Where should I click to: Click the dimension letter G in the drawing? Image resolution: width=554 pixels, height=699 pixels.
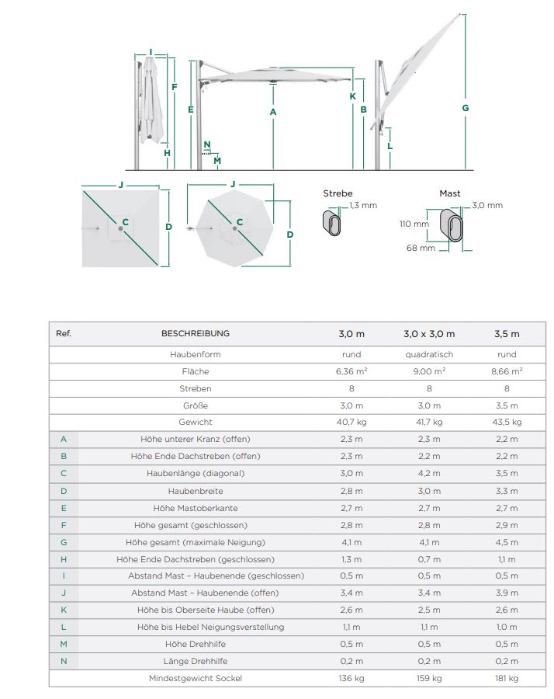466,108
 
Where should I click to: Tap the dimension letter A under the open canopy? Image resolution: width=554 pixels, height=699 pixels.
273,113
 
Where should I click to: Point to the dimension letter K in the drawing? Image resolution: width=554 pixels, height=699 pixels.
352,96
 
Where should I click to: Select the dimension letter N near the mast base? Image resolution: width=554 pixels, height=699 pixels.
207,144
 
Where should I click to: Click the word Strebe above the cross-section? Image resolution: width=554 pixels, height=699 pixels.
338,193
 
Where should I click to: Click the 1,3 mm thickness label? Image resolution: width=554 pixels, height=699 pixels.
363,206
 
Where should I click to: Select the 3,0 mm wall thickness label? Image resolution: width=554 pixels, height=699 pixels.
488,206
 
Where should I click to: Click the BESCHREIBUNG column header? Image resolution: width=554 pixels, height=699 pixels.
196,334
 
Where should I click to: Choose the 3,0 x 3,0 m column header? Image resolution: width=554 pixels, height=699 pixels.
429,334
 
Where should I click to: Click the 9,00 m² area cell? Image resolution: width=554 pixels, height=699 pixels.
429,371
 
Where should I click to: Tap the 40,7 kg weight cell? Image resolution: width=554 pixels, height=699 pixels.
351,423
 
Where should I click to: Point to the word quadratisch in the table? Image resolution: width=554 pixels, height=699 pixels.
429,354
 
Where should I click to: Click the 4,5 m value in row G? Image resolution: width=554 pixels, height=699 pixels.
507,542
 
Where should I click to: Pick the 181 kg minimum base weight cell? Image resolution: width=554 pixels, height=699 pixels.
507,678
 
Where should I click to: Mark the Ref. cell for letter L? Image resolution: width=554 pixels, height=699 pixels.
64,627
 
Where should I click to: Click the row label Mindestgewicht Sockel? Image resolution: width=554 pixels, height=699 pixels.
196,678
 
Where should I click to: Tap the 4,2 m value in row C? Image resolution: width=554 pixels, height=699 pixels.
429,474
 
